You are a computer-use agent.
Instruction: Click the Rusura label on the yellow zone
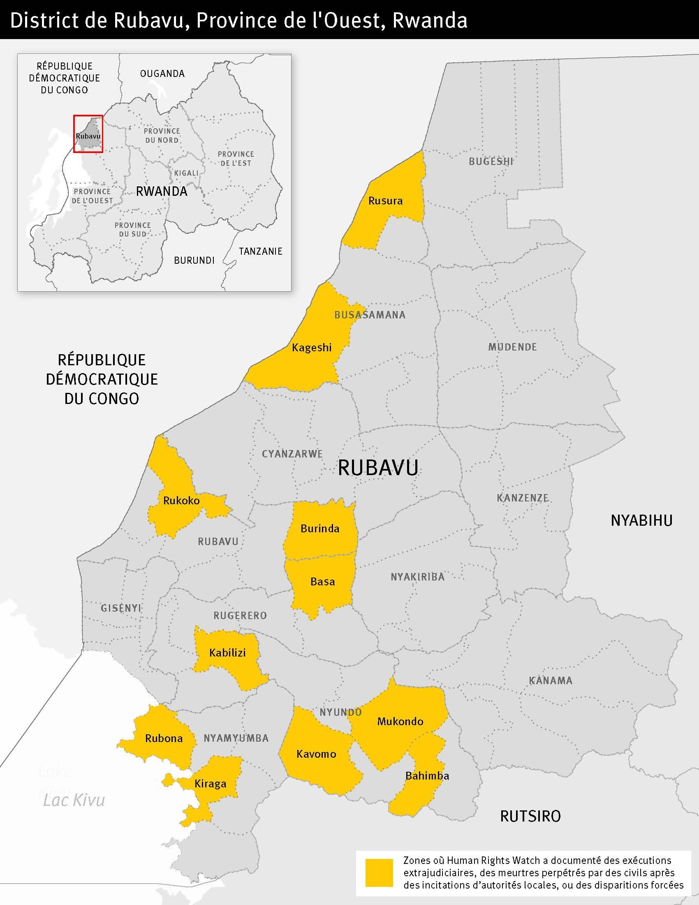point(385,201)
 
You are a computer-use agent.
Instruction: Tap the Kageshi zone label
point(311,348)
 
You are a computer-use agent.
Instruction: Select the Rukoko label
point(181,501)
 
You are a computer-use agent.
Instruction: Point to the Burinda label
point(319,529)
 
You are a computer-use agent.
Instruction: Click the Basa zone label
point(322,582)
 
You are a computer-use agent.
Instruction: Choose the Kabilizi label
point(227,653)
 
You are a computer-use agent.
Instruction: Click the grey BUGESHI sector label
point(491,162)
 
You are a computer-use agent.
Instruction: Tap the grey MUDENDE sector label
point(512,347)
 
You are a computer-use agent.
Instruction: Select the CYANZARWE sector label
point(292,454)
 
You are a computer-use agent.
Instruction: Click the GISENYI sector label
point(121,608)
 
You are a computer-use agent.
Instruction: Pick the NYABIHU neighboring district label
point(641,520)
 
